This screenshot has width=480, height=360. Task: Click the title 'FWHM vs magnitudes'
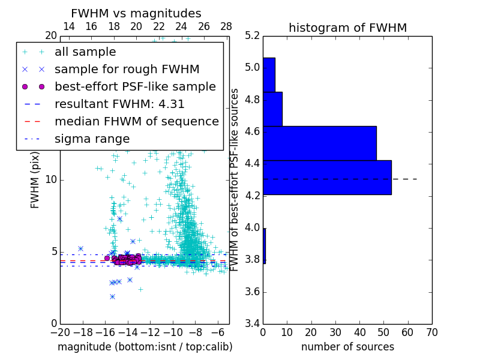coord(136,13)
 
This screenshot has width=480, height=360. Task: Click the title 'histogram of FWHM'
coord(347,28)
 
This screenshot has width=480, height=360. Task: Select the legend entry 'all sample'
coord(85,52)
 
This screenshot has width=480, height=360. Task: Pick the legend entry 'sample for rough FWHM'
coord(127,69)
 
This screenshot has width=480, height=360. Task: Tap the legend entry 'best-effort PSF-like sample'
coord(135,86)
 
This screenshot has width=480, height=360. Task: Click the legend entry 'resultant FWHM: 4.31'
coord(119,104)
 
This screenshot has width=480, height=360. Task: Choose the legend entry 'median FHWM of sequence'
coord(137,121)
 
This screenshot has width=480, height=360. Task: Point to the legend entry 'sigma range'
coord(92,139)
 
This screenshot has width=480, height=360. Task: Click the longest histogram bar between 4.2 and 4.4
coord(327,178)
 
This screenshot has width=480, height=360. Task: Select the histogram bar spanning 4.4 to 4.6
coord(319,143)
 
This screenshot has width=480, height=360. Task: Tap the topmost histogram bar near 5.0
coord(269,74)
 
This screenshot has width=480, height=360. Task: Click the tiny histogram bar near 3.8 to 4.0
coord(264,246)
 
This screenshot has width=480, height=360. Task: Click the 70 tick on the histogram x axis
coord(431,331)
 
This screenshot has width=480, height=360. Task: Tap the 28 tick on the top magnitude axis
coord(226,26)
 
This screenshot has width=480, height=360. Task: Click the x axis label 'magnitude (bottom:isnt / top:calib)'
coord(145,347)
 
